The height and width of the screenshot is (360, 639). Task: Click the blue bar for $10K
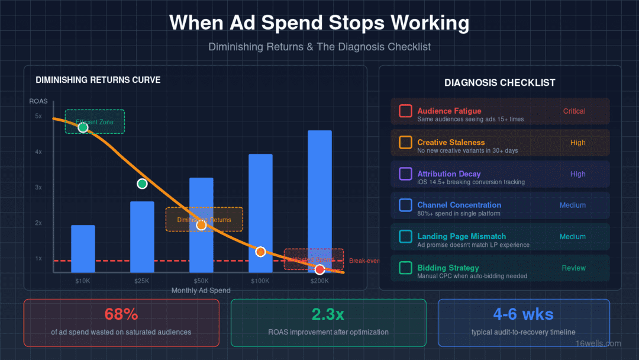click(83, 249)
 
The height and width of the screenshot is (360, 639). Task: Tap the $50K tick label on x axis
click(201, 280)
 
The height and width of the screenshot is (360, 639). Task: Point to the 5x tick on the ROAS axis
click(38, 116)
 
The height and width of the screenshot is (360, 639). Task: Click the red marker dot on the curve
click(319, 269)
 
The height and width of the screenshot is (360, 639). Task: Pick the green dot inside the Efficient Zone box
click(83, 127)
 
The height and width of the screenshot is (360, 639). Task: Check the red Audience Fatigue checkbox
click(405, 111)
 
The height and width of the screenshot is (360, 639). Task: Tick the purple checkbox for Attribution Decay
click(405, 173)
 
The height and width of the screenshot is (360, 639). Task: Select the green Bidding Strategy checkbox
click(405, 268)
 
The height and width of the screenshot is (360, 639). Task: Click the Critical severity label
click(574, 111)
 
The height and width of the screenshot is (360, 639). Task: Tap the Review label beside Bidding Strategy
click(573, 268)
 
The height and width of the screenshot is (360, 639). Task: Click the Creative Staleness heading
click(451, 142)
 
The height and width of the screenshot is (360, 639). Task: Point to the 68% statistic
click(121, 314)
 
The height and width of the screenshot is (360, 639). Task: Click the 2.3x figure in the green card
click(328, 314)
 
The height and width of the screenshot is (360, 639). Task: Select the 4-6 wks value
click(523, 314)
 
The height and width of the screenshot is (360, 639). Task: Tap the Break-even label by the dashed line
click(363, 261)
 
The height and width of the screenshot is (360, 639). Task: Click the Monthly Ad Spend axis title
click(201, 291)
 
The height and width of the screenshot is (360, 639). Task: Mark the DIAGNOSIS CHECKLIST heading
click(499, 83)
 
